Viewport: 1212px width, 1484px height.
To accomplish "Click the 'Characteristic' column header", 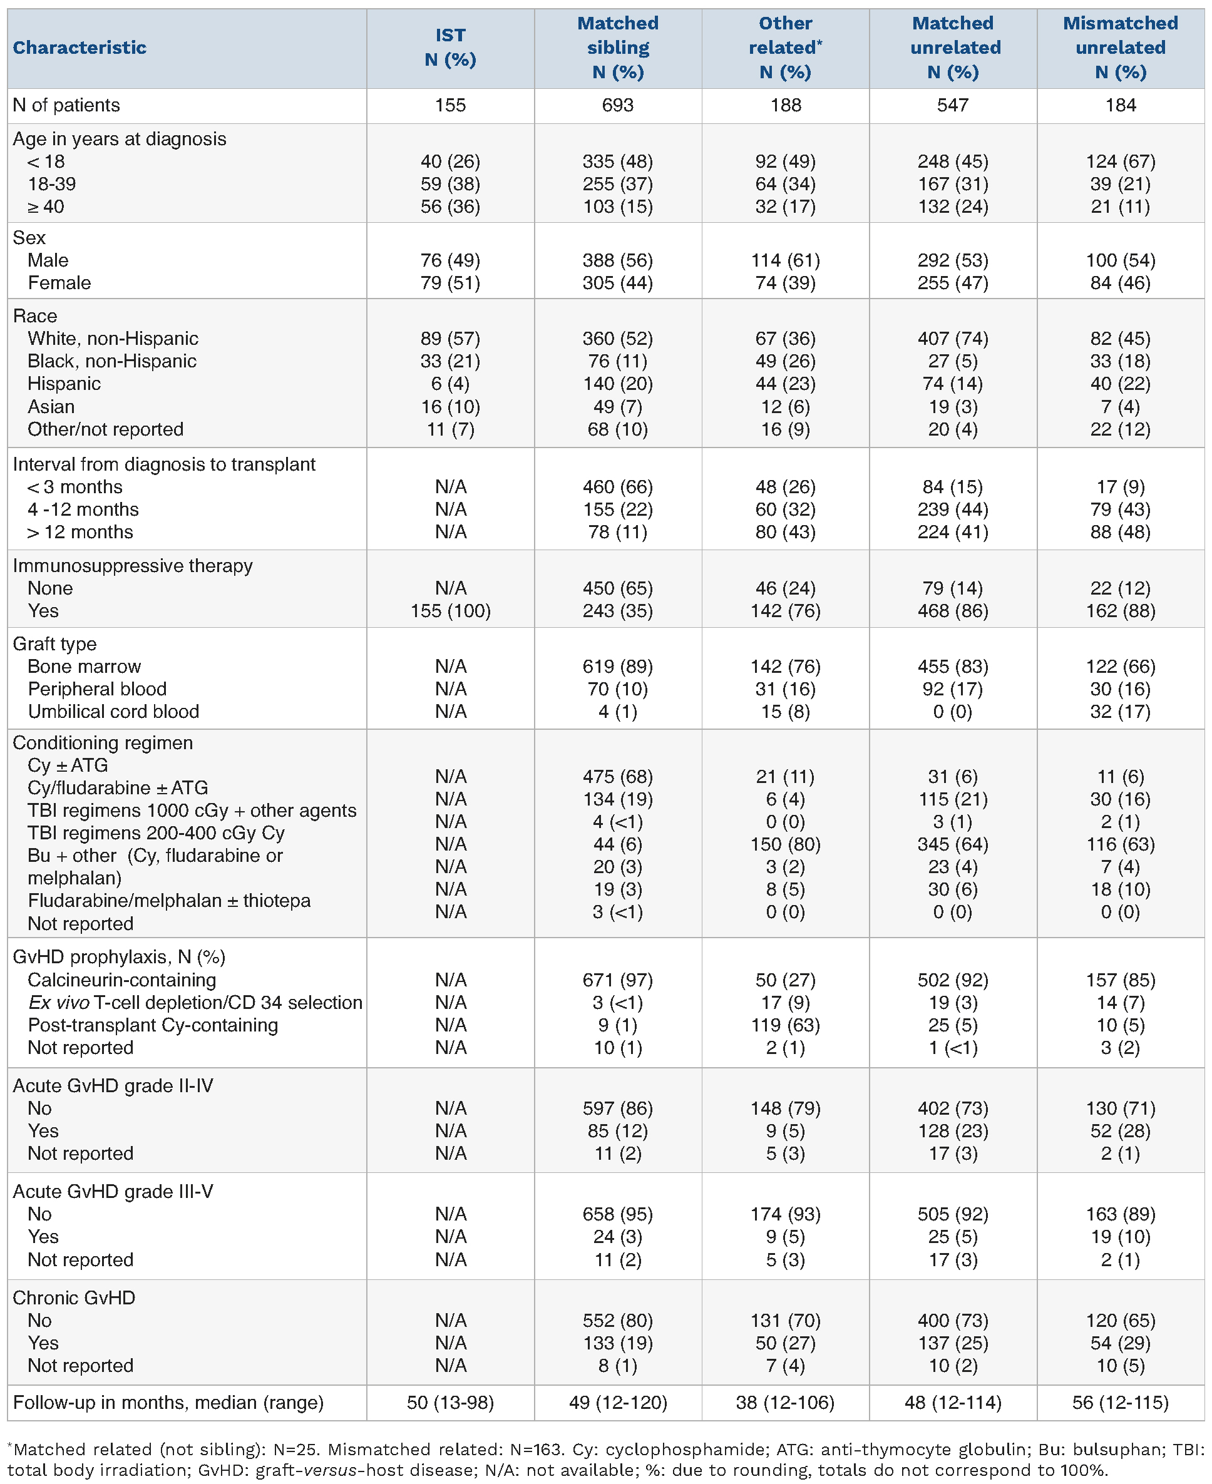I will click(x=80, y=48).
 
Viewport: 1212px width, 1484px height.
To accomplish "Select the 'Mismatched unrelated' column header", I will click(x=1120, y=48).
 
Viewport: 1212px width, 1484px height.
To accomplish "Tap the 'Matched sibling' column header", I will click(x=618, y=48).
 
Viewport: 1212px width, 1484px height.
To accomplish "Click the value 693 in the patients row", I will click(x=618, y=105).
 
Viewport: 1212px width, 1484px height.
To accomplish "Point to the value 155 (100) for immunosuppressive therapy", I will click(x=450, y=611).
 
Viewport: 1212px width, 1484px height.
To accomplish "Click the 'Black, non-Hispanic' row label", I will click(x=111, y=361).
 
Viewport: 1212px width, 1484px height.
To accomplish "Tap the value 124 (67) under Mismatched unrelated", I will click(x=1120, y=161).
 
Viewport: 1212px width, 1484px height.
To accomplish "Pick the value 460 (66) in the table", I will click(x=618, y=486).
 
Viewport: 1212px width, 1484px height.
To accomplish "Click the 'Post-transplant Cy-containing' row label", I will click(x=152, y=1025).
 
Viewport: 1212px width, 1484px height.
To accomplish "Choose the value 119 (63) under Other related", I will click(x=786, y=1025).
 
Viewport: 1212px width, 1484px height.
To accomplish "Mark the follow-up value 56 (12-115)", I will click(x=1120, y=1403).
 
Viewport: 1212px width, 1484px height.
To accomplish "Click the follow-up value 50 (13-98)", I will click(x=450, y=1403).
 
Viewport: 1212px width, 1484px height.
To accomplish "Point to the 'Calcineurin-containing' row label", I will click(x=121, y=980).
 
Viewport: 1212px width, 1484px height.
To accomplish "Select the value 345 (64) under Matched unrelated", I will click(x=953, y=844).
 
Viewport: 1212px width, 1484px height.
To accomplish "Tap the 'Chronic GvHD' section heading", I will click(x=74, y=1297).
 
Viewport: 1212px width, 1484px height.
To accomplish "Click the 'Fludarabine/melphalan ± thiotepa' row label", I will click(x=169, y=901).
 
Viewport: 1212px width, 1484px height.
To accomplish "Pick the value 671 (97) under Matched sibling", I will click(x=618, y=980).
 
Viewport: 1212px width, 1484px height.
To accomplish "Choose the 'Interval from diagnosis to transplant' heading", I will click(x=164, y=464).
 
